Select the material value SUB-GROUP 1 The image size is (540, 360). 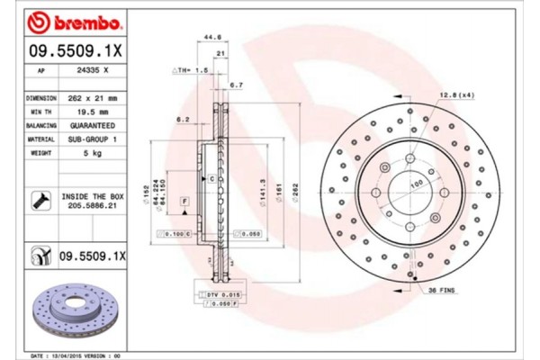(x=94, y=139)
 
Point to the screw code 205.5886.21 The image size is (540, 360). (x=94, y=205)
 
